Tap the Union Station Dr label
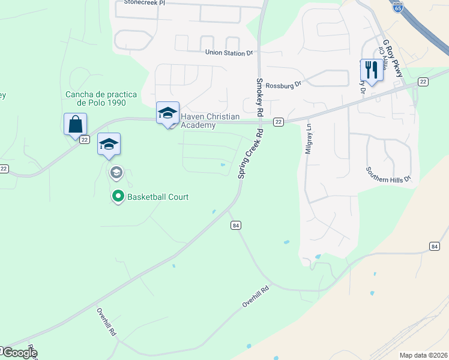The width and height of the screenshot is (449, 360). [x=229, y=53]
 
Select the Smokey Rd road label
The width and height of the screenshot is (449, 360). [x=260, y=97]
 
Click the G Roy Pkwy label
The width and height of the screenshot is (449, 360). [x=394, y=58]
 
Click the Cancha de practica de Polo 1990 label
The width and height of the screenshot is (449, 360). [x=101, y=98]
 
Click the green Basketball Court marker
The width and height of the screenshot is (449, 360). [x=118, y=196]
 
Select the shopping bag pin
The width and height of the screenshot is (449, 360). [x=75, y=124]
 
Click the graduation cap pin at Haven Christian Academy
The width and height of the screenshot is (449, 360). [x=167, y=113]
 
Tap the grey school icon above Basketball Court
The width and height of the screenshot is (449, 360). [x=116, y=173]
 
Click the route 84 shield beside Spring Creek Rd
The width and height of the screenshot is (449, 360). [x=235, y=225]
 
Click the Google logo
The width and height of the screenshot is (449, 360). [x=19, y=353]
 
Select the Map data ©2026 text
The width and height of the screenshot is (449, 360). [x=423, y=355]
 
